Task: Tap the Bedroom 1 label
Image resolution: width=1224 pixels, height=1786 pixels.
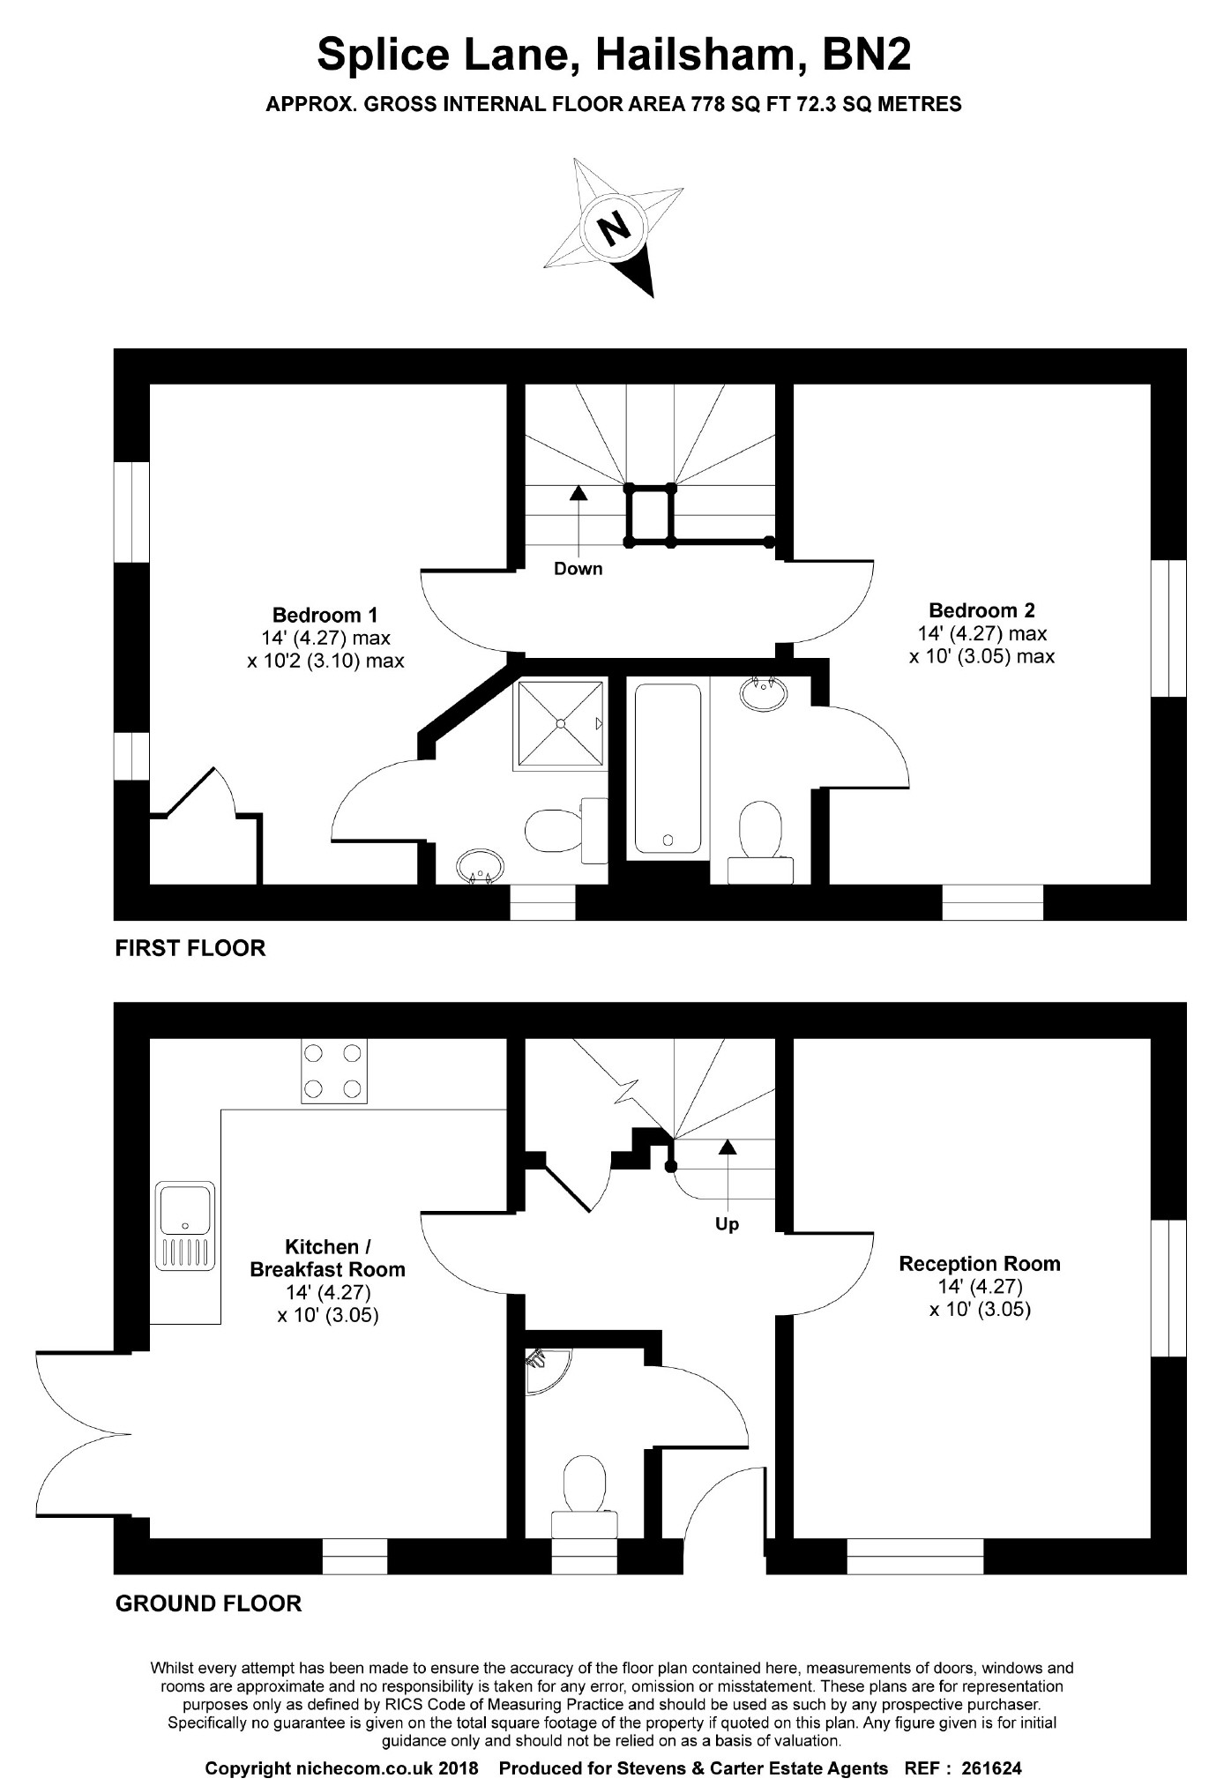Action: click(x=325, y=615)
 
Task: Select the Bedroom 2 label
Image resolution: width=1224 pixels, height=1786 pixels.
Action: click(x=981, y=610)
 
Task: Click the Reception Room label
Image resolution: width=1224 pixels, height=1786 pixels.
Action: click(x=980, y=1263)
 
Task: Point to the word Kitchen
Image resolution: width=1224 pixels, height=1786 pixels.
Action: click(x=321, y=1246)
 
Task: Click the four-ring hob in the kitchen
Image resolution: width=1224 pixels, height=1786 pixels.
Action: click(x=334, y=1072)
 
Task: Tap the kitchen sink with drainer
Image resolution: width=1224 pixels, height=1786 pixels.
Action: click(x=185, y=1226)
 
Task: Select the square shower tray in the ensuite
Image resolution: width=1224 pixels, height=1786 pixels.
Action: click(x=559, y=722)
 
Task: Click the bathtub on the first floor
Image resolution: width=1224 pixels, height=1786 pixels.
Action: click(x=668, y=768)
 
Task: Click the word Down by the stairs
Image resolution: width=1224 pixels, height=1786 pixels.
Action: click(x=578, y=569)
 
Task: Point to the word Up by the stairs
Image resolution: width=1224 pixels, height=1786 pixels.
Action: click(x=727, y=1224)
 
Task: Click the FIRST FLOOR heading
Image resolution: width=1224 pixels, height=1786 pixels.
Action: click(x=190, y=948)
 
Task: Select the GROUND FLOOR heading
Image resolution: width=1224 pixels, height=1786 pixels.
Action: click(x=208, y=1603)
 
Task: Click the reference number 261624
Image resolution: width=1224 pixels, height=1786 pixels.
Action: click(x=991, y=1744)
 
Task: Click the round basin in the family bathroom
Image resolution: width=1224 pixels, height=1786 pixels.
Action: click(x=763, y=692)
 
